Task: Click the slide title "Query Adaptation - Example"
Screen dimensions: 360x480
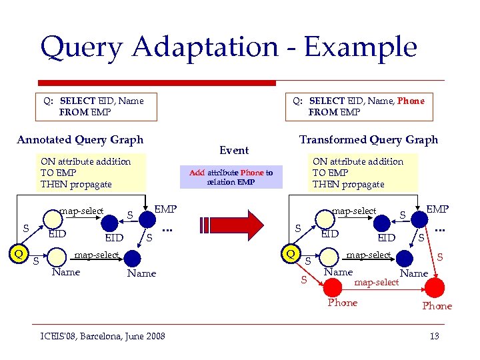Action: (x=228, y=47)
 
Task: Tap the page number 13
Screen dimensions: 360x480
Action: (x=434, y=335)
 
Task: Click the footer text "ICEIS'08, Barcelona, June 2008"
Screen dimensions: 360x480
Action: (x=101, y=335)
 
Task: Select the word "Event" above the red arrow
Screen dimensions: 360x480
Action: (x=233, y=151)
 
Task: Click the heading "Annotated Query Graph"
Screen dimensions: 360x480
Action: (x=80, y=140)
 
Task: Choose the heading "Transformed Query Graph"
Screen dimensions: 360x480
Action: (x=369, y=140)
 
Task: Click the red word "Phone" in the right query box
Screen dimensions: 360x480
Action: (x=411, y=101)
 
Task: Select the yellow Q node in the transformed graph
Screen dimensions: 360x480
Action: (x=291, y=253)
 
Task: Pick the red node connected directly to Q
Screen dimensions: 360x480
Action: (x=333, y=287)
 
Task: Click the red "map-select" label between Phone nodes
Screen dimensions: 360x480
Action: (x=377, y=282)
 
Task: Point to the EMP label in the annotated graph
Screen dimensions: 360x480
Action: (x=165, y=209)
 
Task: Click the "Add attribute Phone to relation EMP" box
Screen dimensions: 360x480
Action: (x=231, y=177)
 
